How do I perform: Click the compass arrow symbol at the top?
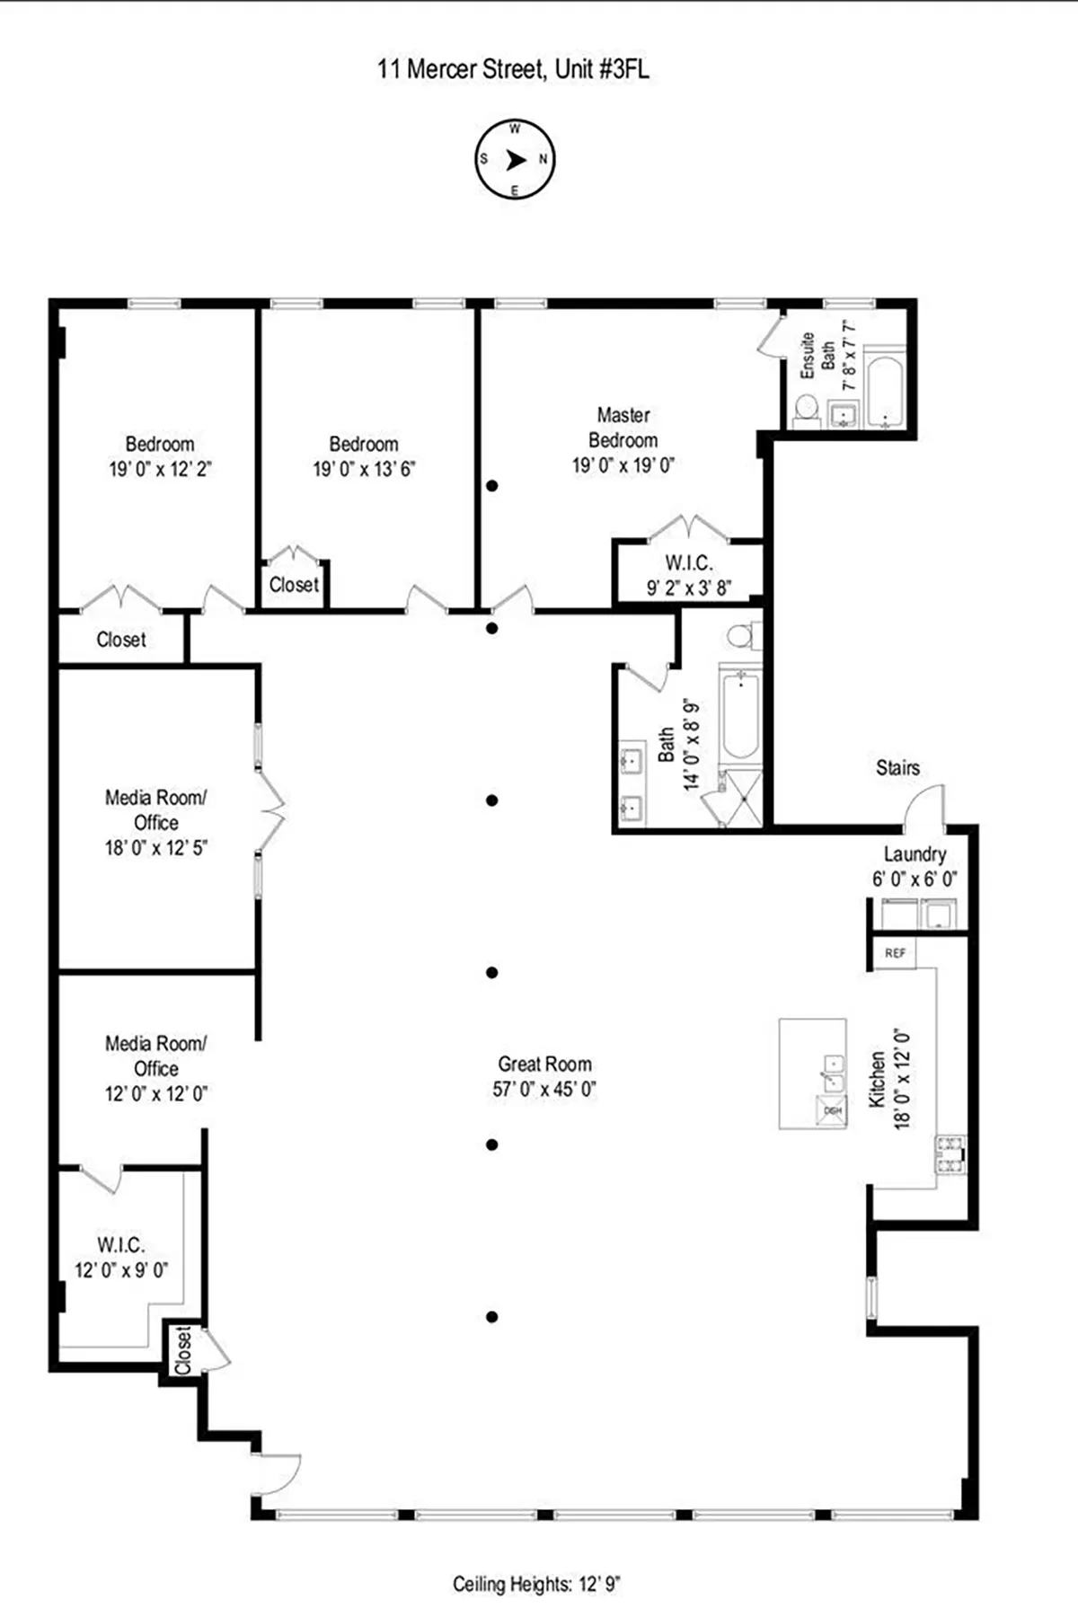[515, 160]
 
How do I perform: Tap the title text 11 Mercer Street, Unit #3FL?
[512, 69]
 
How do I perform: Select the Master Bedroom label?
[623, 428]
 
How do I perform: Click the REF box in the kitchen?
[895, 953]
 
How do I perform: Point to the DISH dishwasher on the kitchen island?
[833, 1110]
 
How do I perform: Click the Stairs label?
[897, 768]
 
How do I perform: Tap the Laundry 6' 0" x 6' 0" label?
[914, 867]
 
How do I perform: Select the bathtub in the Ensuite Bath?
[886, 393]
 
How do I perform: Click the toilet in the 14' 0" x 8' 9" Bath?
[739, 636]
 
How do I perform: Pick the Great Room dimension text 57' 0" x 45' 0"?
[544, 1090]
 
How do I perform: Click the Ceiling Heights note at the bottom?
[536, 1585]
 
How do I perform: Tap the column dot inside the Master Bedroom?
[492, 486]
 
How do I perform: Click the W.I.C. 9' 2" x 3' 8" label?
[689, 575]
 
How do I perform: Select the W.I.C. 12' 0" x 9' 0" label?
[120, 1257]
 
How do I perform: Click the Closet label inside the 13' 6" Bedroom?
[294, 585]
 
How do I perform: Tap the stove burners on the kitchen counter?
[950, 1155]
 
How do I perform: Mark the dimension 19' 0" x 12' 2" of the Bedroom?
[160, 469]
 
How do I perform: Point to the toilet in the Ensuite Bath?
[806, 407]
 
